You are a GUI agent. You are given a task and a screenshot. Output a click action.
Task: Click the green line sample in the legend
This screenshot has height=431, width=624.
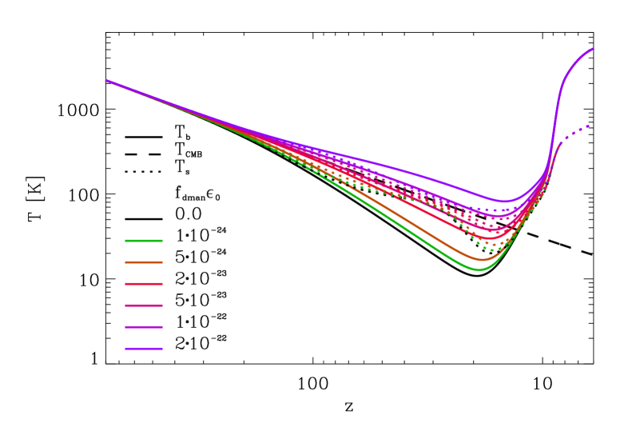tap(144, 241)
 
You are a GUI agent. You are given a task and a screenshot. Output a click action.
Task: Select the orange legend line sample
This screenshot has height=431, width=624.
tap(144, 262)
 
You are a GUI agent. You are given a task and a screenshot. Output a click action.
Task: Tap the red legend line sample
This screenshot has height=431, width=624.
tap(144, 284)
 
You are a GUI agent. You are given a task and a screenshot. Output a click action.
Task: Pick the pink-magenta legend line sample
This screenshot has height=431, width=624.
tap(144, 305)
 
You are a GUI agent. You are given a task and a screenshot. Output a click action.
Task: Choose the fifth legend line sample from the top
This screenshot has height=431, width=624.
tap(144, 327)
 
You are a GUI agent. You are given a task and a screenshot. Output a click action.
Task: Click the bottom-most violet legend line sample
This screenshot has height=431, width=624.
tap(144, 349)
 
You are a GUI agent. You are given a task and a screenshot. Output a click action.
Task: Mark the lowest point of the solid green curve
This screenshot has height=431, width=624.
tap(478, 269)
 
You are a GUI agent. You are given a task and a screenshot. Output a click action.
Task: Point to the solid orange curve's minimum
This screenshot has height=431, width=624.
tap(483, 260)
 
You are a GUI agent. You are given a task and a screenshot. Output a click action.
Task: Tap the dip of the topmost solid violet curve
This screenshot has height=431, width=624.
tap(503, 201)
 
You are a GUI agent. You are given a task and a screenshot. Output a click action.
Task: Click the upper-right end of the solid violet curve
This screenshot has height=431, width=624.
tap(593, 49)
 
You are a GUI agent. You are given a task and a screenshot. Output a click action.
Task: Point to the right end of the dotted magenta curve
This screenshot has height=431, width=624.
tap(590, 126)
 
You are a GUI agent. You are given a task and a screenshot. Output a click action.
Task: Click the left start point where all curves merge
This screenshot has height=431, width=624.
tap(106, 80)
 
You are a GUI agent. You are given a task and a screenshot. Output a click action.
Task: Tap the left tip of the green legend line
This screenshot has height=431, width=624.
tap(125, 241)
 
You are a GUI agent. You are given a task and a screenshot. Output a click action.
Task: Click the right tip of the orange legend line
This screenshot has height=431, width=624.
tap(162, 262)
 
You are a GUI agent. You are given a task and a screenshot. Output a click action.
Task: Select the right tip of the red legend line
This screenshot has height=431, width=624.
tap(162, 284)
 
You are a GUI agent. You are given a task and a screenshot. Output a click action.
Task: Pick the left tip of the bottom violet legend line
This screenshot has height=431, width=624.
tap(125, 349)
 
